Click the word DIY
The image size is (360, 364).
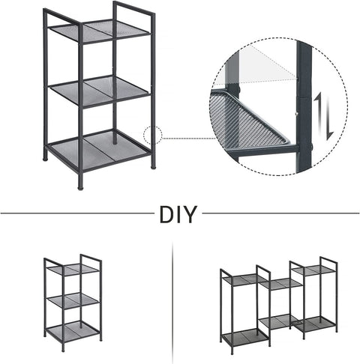178,214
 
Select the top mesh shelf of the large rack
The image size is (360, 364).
98,31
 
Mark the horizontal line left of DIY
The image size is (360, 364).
75,214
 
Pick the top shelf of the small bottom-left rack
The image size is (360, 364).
72,270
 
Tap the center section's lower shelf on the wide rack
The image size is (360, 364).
277,320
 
